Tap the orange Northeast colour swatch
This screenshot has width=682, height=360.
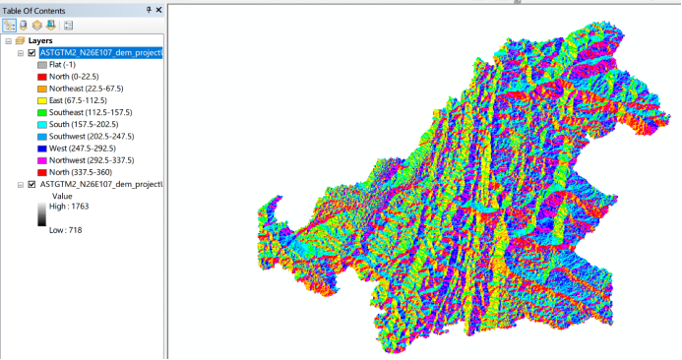(x=41, y=89)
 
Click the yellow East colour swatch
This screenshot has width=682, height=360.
(x=41, y=100)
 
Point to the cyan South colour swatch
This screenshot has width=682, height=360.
(x=41, y=124)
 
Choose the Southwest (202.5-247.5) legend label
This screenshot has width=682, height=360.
(x=92, y=136)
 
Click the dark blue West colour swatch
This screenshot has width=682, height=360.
(x=41, y=149)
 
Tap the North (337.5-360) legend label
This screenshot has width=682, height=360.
(x=84, y=172)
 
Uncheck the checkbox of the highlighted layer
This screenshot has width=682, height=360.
(x=31, y=53)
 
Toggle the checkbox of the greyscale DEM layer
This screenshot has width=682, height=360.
(x=31, y=184)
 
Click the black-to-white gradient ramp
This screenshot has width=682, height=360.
(x=40, y=217)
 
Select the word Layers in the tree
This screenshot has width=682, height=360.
(x=40, y=40)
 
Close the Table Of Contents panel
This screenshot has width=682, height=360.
(x=159, y=8)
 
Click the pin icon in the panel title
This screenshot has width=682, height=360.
(x=149, y=8)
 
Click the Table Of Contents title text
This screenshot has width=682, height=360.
(x=33, y=8)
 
